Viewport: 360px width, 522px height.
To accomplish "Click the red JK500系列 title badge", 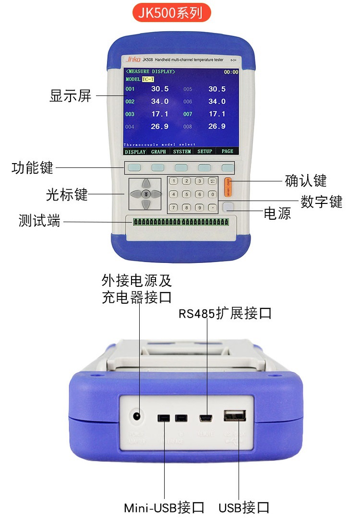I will (171, 13).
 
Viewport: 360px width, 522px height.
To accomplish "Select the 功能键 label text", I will (33, 168).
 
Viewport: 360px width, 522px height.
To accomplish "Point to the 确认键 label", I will (305, 181).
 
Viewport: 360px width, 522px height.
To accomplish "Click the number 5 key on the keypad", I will (187, 195).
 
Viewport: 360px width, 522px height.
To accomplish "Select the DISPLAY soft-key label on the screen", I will (135, 151).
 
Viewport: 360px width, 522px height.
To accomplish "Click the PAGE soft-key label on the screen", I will (227, 151).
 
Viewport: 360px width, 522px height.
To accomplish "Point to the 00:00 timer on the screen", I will (231, 72).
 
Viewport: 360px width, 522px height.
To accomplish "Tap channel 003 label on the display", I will (130, 115).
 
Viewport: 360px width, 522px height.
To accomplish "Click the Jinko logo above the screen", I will (132, 59).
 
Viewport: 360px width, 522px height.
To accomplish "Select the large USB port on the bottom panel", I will (235, 415).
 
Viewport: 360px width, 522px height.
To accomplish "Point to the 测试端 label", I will (39, 221).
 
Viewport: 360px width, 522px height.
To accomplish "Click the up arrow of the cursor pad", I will (146, 183).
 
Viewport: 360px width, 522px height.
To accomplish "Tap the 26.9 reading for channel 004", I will (160, 127).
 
